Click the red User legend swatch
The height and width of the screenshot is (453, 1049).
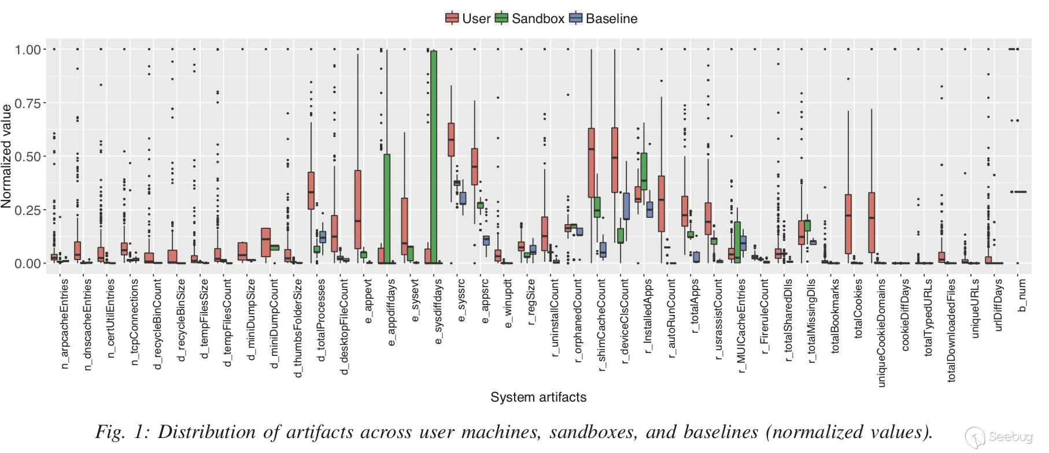tap(452, 18)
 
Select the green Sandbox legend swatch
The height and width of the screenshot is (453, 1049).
tap(501, 18)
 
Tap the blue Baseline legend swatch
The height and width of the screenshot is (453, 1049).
tap(575, 18)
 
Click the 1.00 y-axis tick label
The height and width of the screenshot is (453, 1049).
tap(28, 50)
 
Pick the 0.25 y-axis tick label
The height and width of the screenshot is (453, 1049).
tap(28, 210)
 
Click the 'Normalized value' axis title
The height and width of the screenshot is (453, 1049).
tap(7, 156)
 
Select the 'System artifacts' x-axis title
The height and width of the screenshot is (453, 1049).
tap(538, 398)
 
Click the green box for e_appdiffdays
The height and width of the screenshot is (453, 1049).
tap(387, 209)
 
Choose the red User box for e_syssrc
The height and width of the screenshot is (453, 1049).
tap(451, 139)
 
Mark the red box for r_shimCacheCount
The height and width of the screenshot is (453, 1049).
tap(591, 163)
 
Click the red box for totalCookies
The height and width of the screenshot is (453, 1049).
tap(848, 224)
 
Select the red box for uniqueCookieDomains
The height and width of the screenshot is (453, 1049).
tap(871, 222)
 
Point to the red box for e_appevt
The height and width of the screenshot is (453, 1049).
tap(357, 210)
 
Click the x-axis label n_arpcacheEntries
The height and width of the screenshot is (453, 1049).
tap(64, 324)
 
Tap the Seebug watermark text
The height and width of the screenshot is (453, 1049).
tap(1010, 437)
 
